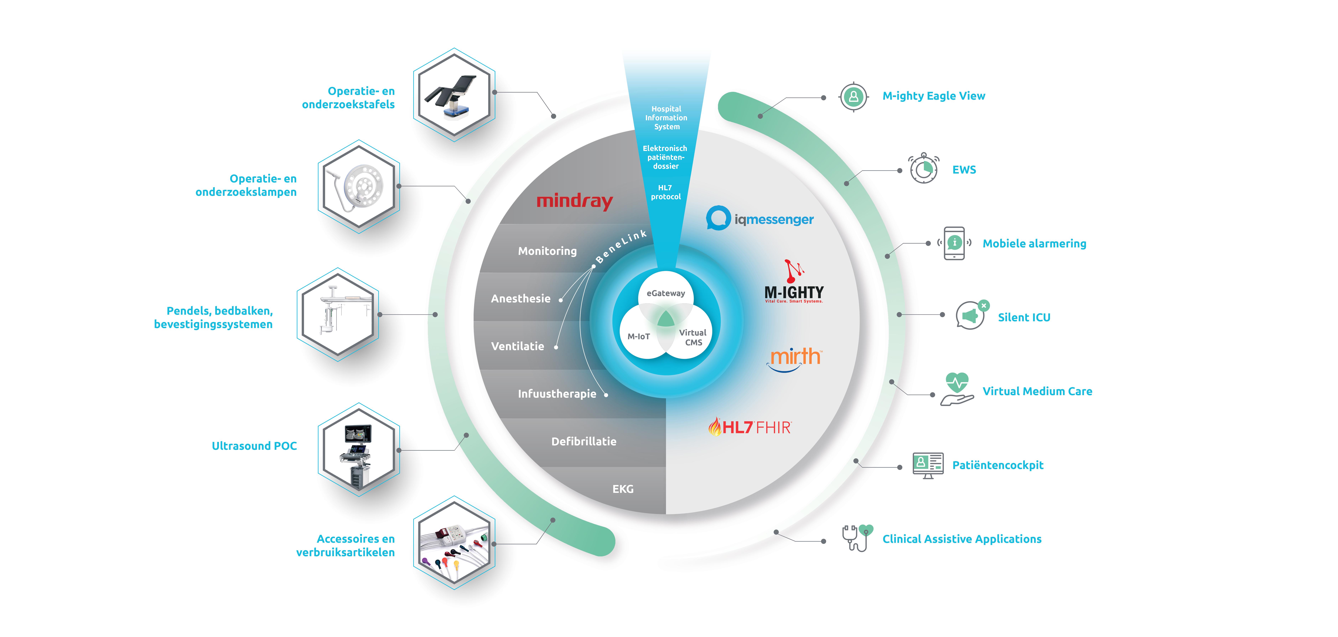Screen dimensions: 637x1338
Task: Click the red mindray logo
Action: click(x=574, y=201)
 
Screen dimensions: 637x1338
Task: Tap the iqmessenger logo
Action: click(x=759, y=219)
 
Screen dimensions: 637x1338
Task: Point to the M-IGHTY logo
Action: click(x=794, y=283)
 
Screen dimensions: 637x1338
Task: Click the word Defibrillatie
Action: click(x=584, y=441)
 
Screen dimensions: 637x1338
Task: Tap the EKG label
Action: click(x=623, y=489)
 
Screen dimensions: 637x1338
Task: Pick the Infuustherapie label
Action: click(x=557, y=394)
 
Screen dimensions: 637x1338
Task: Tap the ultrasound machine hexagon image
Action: click(x=358, y=450)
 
